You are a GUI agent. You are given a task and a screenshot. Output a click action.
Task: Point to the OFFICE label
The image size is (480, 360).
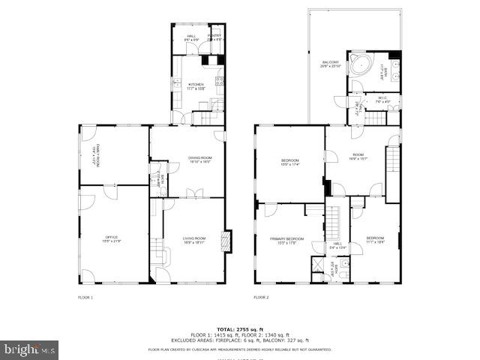click(111, 239)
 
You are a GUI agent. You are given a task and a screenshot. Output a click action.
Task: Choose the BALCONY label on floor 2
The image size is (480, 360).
click(331, 64)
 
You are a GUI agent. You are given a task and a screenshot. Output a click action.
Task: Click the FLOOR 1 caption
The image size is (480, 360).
click(85, 298)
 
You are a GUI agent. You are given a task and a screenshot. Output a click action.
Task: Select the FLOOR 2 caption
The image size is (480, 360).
click(260, 298)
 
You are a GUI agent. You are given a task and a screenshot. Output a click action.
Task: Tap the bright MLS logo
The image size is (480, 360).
click(29, 349)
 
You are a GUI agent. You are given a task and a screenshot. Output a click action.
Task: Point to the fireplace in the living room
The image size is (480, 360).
click(229, 240)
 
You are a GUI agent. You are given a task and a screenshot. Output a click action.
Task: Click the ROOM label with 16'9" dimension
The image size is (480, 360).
click(357, 157)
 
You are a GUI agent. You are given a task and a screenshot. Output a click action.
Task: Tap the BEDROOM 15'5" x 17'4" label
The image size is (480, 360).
click(290, 162)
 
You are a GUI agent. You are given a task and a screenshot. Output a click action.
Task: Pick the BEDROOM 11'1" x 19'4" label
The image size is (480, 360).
click(375, 240)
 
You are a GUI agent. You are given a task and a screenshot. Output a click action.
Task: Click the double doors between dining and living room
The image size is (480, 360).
click(193, 194)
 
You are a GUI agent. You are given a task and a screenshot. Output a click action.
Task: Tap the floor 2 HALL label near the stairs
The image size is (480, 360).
click(337, 245)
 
